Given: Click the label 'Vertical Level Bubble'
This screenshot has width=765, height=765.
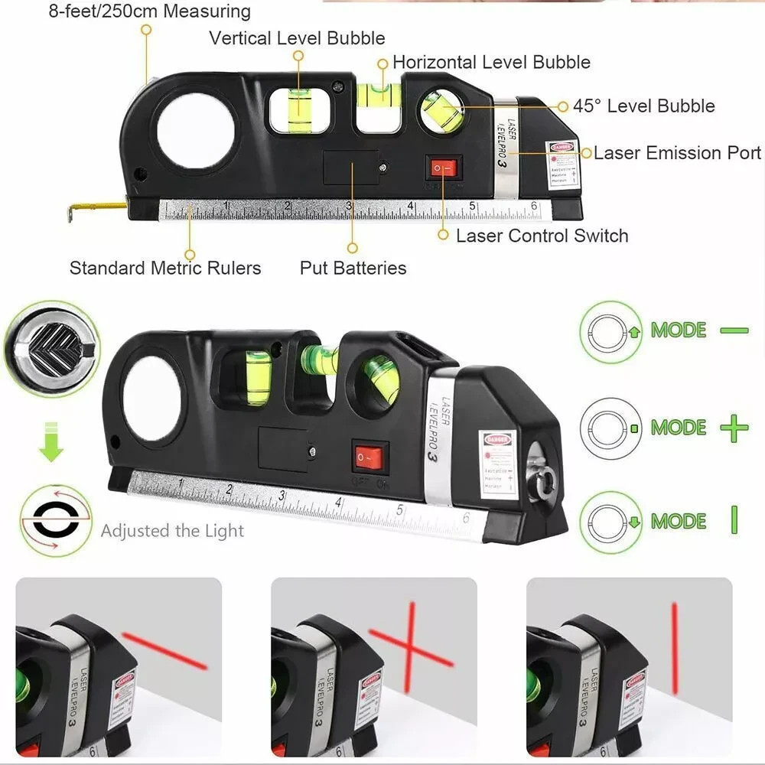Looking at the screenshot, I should pyautogui.click(x=297, y=37).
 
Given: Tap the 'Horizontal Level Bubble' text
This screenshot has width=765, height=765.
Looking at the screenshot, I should pyautogui.click(x=491, y=62).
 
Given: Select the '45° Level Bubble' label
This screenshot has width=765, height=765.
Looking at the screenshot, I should pyautogui.click(x=643, y=106).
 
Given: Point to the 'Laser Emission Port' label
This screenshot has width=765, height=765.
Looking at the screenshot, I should pyautogui.click(x=677, y=153).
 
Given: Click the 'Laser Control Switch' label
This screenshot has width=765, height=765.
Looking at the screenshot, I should pyautogui.click(x=542, y=236).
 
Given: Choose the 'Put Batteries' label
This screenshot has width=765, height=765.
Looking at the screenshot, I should pyautogui.click(x=353, y=268).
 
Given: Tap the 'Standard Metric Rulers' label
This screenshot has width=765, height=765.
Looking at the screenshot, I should pyautogui.click(x=165, y=268).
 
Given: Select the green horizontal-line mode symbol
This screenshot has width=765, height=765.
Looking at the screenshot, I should pyautogui.click(x=734, y=330).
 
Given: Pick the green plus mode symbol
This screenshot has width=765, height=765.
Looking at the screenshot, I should pyautogui.click(x=734, y=428).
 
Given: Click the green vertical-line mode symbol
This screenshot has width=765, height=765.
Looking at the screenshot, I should pyautogui.click(x=734, y=520).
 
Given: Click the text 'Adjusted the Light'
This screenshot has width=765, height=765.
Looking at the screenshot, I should pyautogui.click(x=172, y=531).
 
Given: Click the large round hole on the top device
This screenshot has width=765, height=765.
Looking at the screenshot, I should pyautogui.click(x=195, y=131).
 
